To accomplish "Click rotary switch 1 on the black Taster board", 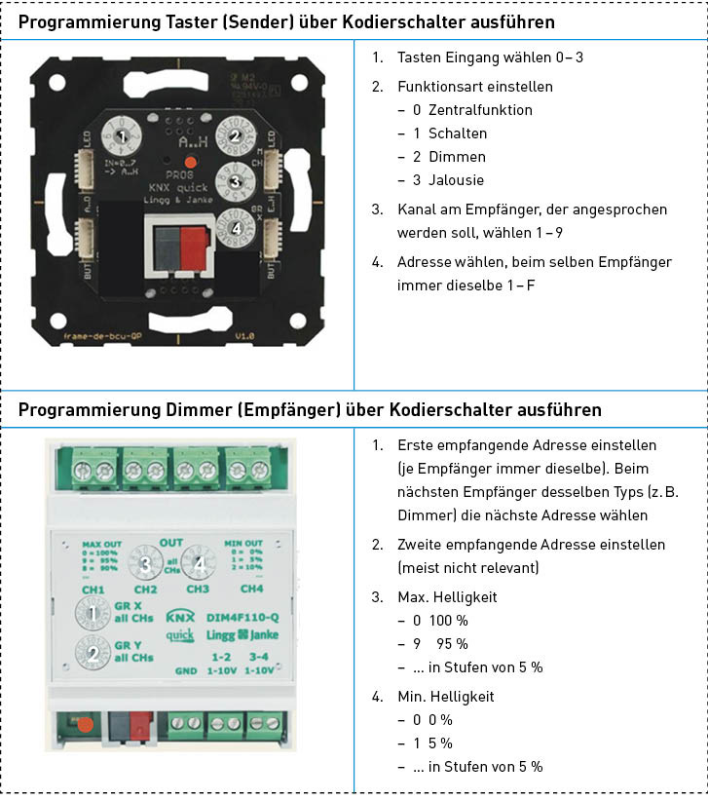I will [x=120, y=136].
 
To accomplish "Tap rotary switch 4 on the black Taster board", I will [x=235, y=225].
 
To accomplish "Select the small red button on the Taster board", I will [x=192, y=162].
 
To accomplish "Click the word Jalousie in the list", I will [x=455, y=180].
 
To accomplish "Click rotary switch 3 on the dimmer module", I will [x=146, y=563].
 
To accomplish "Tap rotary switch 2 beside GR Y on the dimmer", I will [x=93, y=653].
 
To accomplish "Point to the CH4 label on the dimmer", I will [x=252, y=589].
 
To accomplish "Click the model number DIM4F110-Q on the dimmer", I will [x=243, y=616].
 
